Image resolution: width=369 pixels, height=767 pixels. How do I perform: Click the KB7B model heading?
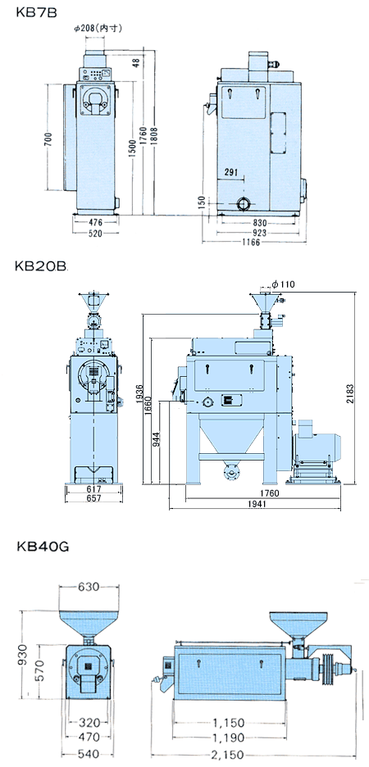(36, 12)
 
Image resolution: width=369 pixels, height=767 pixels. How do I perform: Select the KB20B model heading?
(41, 265)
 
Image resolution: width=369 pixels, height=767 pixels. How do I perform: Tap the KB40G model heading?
(42, 546)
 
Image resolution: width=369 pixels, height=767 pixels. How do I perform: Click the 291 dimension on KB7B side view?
(232, 172)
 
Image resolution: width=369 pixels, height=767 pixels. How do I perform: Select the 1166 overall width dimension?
(251, 243)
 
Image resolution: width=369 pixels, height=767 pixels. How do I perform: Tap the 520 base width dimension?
(95, 234)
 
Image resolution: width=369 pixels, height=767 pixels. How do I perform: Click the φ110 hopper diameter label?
(284, 284)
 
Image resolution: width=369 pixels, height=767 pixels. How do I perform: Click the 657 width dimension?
(94, 498)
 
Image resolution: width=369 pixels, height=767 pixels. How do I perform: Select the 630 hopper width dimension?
(89, 587)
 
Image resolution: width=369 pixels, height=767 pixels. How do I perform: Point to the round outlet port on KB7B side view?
(244, 204)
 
